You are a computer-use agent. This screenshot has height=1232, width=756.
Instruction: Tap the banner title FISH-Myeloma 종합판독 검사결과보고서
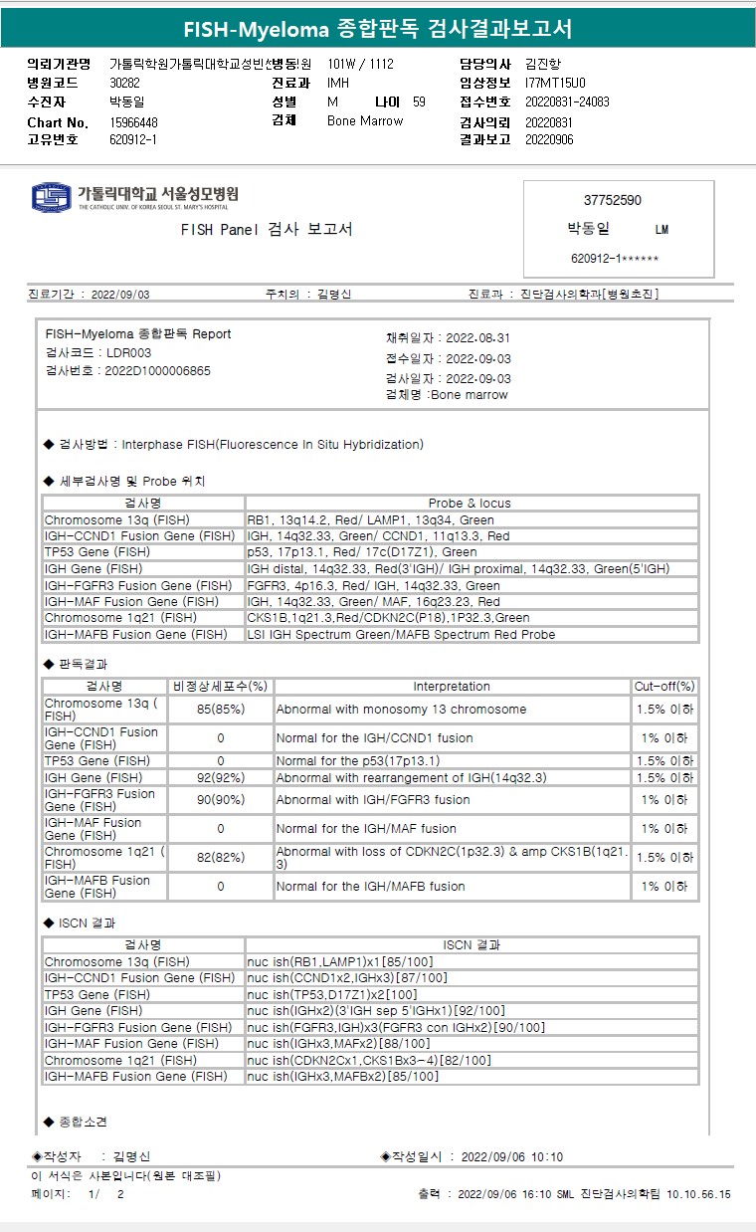tap(378, 28)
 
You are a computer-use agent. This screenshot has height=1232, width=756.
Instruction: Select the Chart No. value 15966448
tap(133, 122)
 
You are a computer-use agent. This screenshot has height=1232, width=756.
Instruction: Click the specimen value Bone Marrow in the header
tap(365, 120)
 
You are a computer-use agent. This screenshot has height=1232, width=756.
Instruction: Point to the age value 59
tap(419, 102)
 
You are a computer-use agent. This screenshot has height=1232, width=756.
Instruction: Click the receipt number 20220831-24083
tap(567, 102)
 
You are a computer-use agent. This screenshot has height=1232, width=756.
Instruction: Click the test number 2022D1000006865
tap(157, 370)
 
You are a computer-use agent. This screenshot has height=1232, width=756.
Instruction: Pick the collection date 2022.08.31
tap(478, 338)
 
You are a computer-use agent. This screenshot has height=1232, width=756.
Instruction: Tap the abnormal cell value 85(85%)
tap(220, 710)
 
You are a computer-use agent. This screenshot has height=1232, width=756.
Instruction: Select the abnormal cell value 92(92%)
tap(220, 777)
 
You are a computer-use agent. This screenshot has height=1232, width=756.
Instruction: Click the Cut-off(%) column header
tap(664, 687)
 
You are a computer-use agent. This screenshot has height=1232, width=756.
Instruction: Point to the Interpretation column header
tap(452, 687)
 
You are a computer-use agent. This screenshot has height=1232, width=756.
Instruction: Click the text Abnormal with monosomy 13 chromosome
tap(401, 710)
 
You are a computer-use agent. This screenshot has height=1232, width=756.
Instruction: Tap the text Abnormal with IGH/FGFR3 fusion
tap(373, 799)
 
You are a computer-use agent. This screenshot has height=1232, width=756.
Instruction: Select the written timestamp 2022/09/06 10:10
tap(512, 1156)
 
